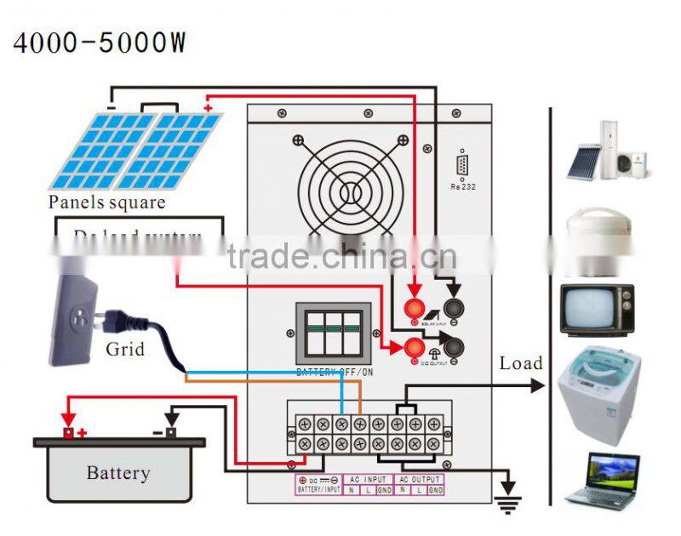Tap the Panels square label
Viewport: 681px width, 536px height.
106,202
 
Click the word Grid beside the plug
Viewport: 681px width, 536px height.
125,349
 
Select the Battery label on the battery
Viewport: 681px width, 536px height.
118,473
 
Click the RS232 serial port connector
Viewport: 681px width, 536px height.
461,165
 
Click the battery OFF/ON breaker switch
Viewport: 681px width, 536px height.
333,333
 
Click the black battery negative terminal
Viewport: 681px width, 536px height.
169,431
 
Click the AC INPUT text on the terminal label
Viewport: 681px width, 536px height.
369,480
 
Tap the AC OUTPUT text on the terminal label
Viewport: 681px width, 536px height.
418,480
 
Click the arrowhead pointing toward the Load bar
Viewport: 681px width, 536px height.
537,385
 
